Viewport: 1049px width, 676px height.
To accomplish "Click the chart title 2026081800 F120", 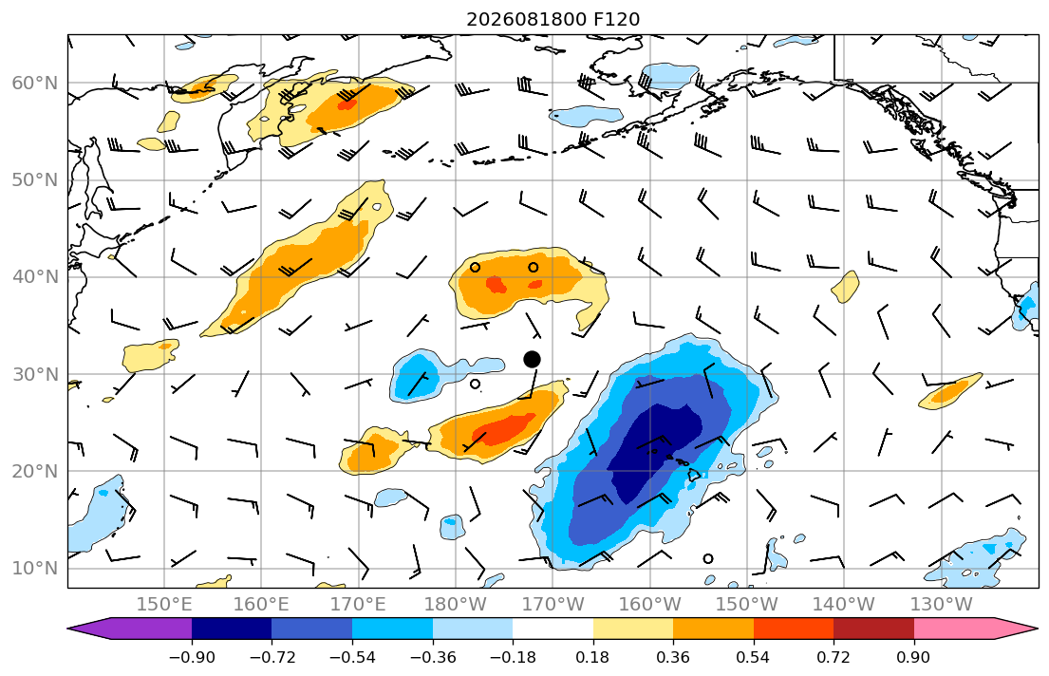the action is [x=553, y=19].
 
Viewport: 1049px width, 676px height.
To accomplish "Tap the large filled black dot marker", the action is [x=532, y=360].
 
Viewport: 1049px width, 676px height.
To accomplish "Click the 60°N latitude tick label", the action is [x=35, y=83].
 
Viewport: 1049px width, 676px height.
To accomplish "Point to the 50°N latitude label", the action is [x=35, y=180].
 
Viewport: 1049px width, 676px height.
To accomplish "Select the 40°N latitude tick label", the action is [x=35, y=277].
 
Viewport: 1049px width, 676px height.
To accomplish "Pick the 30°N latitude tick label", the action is [x=35, y=374].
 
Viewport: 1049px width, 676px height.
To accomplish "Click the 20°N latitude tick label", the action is [x=35, y=471].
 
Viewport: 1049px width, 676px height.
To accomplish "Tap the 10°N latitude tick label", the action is [x=35, y=569].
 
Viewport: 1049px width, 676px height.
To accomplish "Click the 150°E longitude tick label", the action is [x=164, y=605].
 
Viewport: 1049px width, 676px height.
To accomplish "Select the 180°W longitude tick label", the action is [x=456, y=605].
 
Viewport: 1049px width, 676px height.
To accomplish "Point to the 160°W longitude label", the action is [x=649, y=605].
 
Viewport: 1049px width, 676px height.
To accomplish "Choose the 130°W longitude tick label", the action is [x=942, y=605].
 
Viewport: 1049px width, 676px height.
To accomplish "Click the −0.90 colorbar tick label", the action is [x=192, y=657].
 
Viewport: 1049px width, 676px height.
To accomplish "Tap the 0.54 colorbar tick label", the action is [x=754, y=657].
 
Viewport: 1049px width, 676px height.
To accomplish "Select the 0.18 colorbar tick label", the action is [x=592, y=657].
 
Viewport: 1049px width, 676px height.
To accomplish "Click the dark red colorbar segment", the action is [x=873, y=629].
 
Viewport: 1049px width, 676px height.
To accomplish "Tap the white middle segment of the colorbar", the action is [x=553, y=629].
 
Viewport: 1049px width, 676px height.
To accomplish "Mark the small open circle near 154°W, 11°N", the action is [x=708, y=559].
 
